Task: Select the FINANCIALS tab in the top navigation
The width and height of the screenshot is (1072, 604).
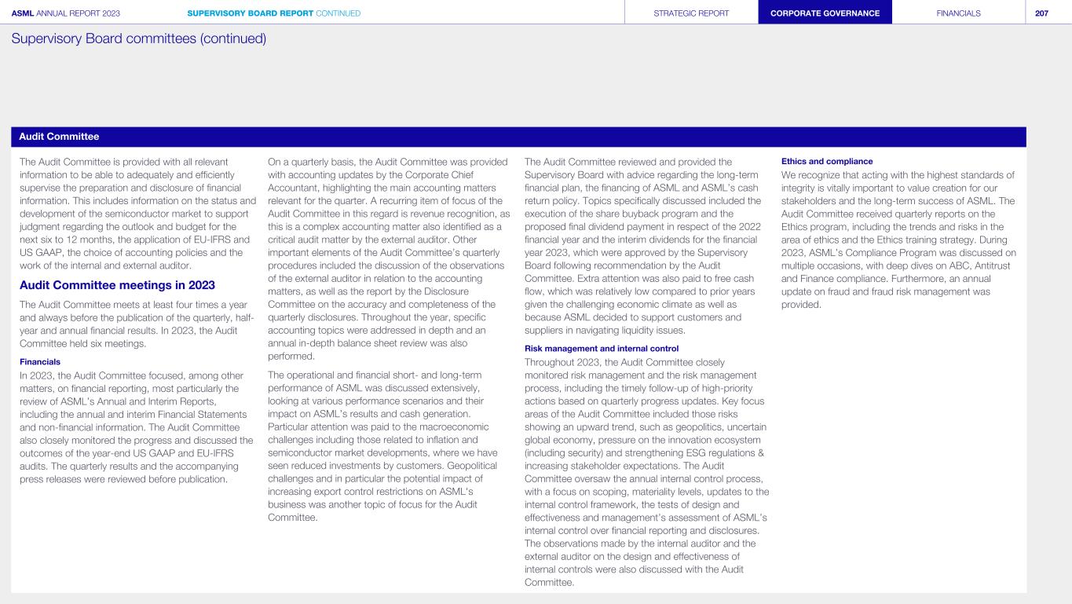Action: [958, 13]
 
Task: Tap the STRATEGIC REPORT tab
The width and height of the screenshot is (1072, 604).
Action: [691, 13]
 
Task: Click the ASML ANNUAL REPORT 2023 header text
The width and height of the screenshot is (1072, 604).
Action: [66, 13]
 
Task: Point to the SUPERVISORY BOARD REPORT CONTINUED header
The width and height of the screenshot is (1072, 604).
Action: [274, 13]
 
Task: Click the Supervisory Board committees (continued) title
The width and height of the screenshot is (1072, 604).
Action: [138, 38]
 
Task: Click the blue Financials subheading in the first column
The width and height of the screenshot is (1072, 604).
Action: [40, 362]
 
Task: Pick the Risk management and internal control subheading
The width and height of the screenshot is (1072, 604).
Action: [601, 348]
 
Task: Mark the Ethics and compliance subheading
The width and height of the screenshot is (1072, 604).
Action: [827, 161]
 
